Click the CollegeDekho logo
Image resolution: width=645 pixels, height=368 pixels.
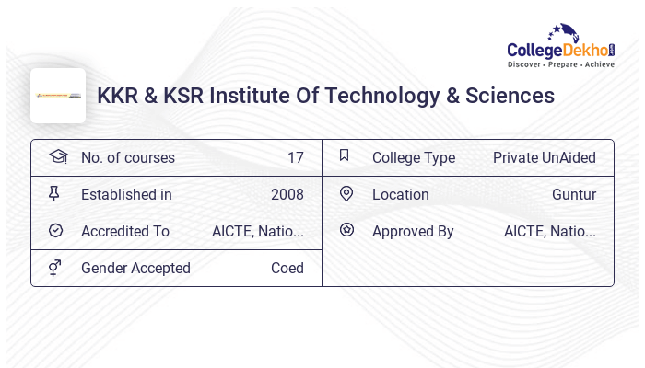tap(561, 48)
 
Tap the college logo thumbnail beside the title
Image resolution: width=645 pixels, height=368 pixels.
tap(58, 96)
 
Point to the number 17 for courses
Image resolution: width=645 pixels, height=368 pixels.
tap(295, 158)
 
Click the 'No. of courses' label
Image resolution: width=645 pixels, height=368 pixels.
tap(127, 158)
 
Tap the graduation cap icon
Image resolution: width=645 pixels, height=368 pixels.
tap(58, 156)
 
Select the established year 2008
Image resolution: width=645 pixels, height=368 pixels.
tap(287, 195)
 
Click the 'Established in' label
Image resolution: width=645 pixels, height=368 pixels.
tap(126, 195)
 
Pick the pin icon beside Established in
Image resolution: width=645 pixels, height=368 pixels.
tap(54, 193)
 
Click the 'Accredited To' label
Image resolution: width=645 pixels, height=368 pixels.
tap(125, 232)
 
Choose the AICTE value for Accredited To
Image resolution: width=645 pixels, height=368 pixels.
tap(257, 232)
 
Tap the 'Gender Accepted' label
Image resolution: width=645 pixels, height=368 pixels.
tap(135, 269)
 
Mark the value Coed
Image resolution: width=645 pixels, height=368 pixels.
tap(287, 269)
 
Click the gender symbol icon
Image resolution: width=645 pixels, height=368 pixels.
tap(55, 268)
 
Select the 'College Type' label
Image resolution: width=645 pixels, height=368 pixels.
tap(413, 158)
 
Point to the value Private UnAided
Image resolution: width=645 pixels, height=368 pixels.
tap(544, 158)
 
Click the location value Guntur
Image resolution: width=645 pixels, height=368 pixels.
tap(573, 195)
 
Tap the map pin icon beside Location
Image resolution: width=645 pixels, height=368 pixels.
tap(346, 193)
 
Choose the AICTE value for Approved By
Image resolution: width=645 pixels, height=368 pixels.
tap(549, 232)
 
